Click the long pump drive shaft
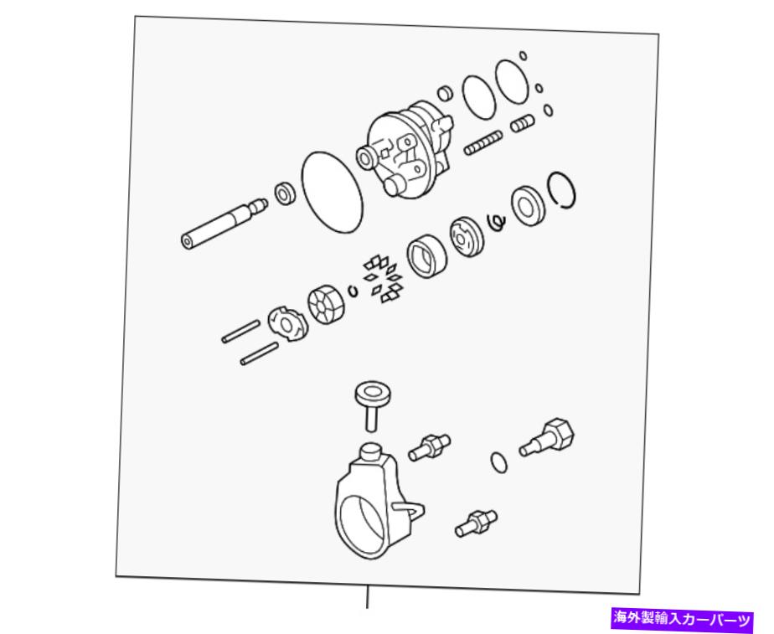click(224, 224)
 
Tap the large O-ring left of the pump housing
click(332, 192)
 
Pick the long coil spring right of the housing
click(483, 142)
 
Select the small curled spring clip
click(497, 222)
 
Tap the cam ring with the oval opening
click(426, 255)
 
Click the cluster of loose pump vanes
click(384, 280)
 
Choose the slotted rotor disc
click(327, 307)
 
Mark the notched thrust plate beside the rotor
click(287, 324)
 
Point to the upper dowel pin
click(240, 332)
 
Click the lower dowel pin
click(259, 354)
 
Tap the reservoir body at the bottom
click(378, 503)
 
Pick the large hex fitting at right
click(547, 439)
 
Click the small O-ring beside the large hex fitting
click(499, 462)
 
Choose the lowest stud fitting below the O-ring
click(476, 523)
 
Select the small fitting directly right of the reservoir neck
click(429, 447)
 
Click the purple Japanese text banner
click(682, 618)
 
